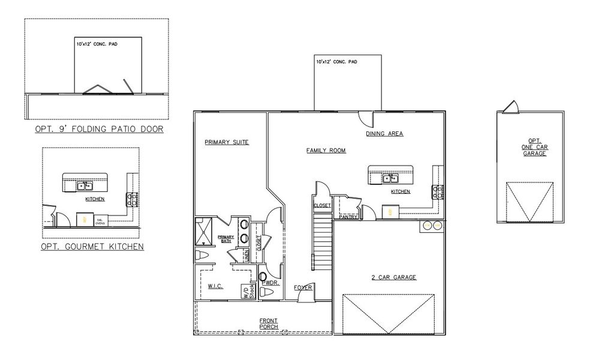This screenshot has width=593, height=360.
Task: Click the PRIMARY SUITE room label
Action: [226, 142]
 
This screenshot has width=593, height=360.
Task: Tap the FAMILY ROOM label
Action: [326, 151]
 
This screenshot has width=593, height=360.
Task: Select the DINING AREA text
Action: [384, 134]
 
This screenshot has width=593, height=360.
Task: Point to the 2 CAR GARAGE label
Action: [394, 277]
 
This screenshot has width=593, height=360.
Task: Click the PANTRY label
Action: [348, 217]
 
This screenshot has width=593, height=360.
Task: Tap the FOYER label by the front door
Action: [303, 288]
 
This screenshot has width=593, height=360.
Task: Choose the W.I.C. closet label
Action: [215, 287]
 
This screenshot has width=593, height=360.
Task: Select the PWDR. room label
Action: [270, 282]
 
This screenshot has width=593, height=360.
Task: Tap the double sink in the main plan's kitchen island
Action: [391, 178]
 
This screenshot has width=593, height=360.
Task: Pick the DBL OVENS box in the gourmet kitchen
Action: [100, 221]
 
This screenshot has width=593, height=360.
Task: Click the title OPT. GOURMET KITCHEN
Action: [92, 247]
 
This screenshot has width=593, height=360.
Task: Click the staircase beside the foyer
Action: [323, 244]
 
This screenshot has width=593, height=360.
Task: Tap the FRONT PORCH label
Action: [268, 323]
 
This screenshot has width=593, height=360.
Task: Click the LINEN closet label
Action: [246, 255]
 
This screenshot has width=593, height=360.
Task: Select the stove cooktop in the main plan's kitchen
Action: [437, 192]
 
